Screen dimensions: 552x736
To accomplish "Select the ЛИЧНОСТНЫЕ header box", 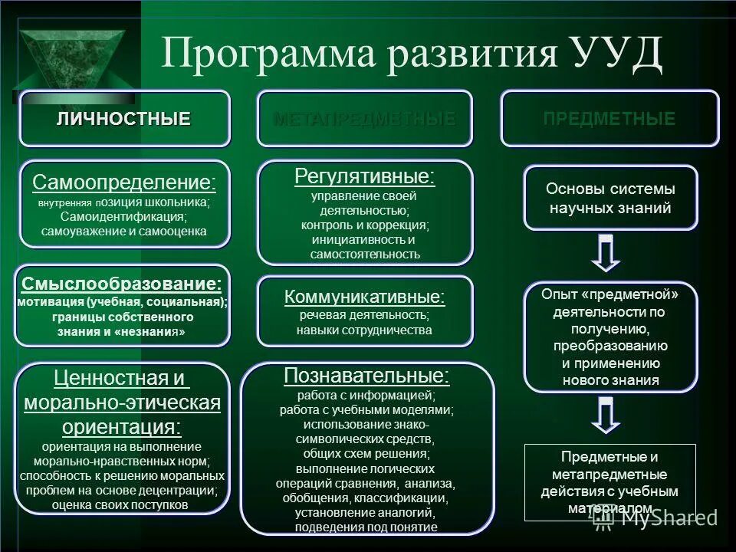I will pos(124,119).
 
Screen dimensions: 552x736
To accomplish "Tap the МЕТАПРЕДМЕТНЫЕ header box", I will pos(364,119).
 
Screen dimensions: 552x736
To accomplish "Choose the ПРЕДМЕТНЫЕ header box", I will pos(609,119).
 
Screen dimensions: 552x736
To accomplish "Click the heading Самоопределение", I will pos(124,183).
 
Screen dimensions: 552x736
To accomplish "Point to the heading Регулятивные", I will pos(364,177).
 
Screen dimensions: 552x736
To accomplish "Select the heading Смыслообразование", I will pos(122,284).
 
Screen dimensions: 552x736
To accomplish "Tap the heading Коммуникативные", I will pos(364,297).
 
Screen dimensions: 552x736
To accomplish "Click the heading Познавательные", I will pos(366,376).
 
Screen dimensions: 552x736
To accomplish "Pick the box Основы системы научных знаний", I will pos(610,198).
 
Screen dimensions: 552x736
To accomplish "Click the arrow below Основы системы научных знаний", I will pos(606,252).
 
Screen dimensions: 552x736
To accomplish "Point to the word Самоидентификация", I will pos(124,216).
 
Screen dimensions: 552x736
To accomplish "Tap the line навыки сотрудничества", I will pos(364,330).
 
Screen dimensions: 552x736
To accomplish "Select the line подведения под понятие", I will pos(366,527).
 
